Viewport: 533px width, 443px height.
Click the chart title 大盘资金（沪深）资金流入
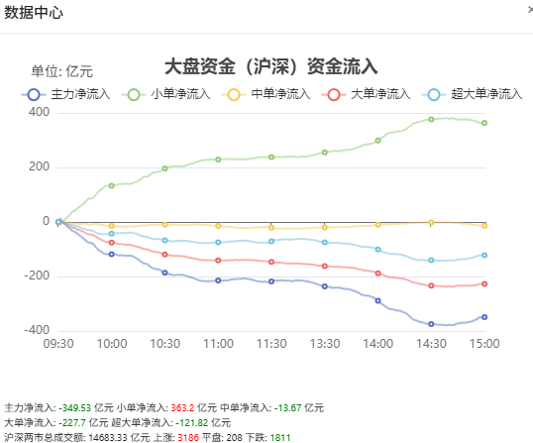(x=270, y=66)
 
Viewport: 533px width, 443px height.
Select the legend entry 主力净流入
(x=66, y=94)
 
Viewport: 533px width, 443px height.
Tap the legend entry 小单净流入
(x=166, y=94)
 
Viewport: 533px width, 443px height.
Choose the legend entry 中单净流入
(x=266, y=94)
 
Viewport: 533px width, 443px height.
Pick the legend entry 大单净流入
(x=367, y=94)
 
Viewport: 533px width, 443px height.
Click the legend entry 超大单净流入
(x=472, y=94)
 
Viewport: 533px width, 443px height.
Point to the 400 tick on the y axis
(x=39, y=112)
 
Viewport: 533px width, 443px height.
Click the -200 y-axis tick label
(x=37, y=276)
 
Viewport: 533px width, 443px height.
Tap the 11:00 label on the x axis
(x=218, y=344)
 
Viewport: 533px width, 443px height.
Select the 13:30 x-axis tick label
(x=325, y=344)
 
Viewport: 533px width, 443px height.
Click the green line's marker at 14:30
(x=431, y=119)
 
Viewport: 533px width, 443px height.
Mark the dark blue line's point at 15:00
(x=484, y=317)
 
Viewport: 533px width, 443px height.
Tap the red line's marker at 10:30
(x=164, y=255)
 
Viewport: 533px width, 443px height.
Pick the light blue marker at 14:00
(x=378, y=250)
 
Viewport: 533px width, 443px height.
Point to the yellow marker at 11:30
(x=271, y=228)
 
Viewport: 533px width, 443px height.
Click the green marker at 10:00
(x=112, y=185)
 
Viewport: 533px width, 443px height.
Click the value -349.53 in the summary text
(x=74, y=407)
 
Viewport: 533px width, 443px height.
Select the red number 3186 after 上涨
(x=188, y=437)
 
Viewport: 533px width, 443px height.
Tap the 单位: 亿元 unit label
(x=61, y=71)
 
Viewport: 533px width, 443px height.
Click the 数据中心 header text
(x=34, y=13)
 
